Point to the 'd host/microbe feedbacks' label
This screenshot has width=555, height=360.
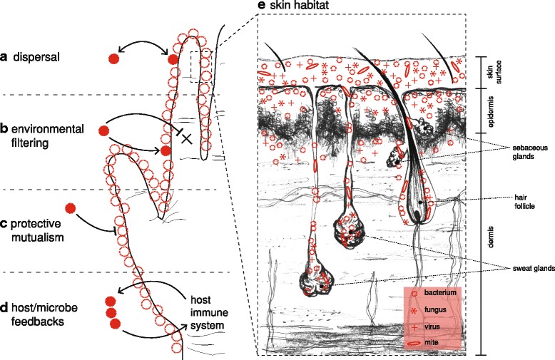point(39,312)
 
